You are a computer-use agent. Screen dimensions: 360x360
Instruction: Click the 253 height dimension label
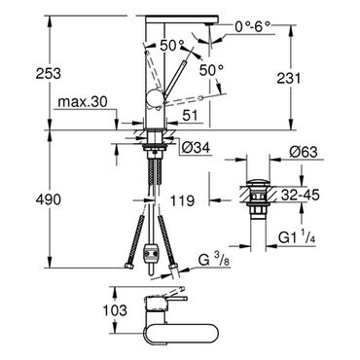tap(49, 73)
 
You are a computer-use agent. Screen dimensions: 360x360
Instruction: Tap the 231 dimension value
tap(289, 78)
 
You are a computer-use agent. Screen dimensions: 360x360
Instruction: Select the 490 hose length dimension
tap(49, 199)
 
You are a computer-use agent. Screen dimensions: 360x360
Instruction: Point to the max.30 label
tap(82, 102)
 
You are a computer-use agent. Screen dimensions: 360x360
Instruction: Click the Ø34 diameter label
tap(196, 148)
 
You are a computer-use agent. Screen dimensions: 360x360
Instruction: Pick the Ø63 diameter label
tap(304, 152)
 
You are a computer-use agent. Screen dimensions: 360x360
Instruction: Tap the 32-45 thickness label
tap(301, 195)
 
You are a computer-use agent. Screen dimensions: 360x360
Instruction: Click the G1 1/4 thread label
tap(298, 238)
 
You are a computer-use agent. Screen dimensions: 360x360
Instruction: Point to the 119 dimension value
tap(181, 200)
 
